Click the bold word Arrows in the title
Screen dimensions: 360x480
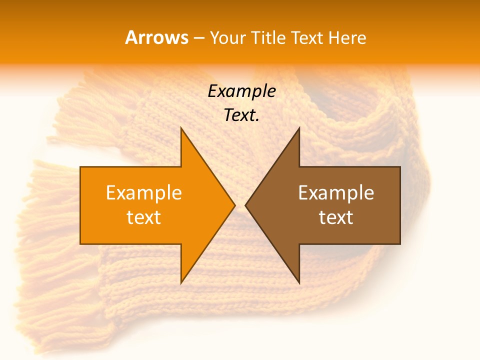pos(156,37)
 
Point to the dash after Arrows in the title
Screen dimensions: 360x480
pos(198,38)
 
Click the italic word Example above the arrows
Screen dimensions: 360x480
pos(241,91)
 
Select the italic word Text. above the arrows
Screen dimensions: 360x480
pos(241,115)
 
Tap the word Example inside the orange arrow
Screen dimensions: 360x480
pos(143,193)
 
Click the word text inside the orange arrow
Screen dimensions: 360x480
pos(143,217)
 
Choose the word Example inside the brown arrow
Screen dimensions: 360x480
pos(336,193)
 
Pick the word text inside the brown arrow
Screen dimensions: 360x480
pos(336,217)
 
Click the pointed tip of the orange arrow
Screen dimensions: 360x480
pos(234,205)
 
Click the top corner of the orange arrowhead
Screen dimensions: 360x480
pos(181,128)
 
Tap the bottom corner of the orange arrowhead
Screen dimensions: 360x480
pos(181,282)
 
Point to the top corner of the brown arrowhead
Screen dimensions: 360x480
pos(299,128)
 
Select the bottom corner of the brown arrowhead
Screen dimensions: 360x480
pos(299,282)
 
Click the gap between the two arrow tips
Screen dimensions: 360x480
pos(240,205)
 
